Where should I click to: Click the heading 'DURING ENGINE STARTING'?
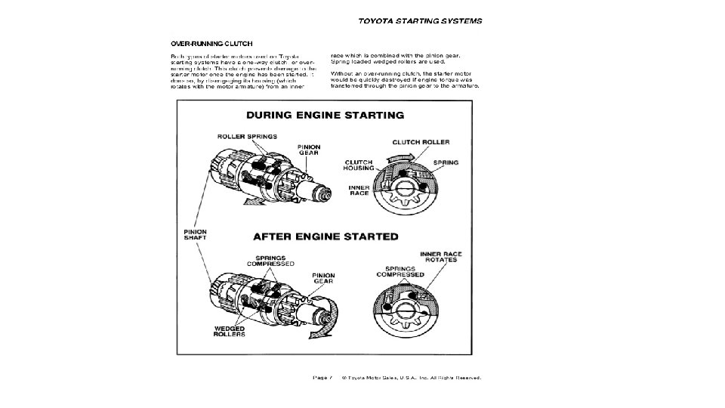325,116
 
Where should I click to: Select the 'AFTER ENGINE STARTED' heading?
325,236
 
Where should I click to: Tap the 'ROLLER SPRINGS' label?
247,137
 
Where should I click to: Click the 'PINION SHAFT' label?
196,234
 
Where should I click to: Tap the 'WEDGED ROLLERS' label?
229,330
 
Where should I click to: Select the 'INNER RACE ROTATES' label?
442,258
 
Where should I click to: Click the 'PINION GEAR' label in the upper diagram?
309,150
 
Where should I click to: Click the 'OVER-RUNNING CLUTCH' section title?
211,43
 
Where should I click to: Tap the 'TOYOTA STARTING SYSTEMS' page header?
419,20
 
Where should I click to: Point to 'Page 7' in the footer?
322,377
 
